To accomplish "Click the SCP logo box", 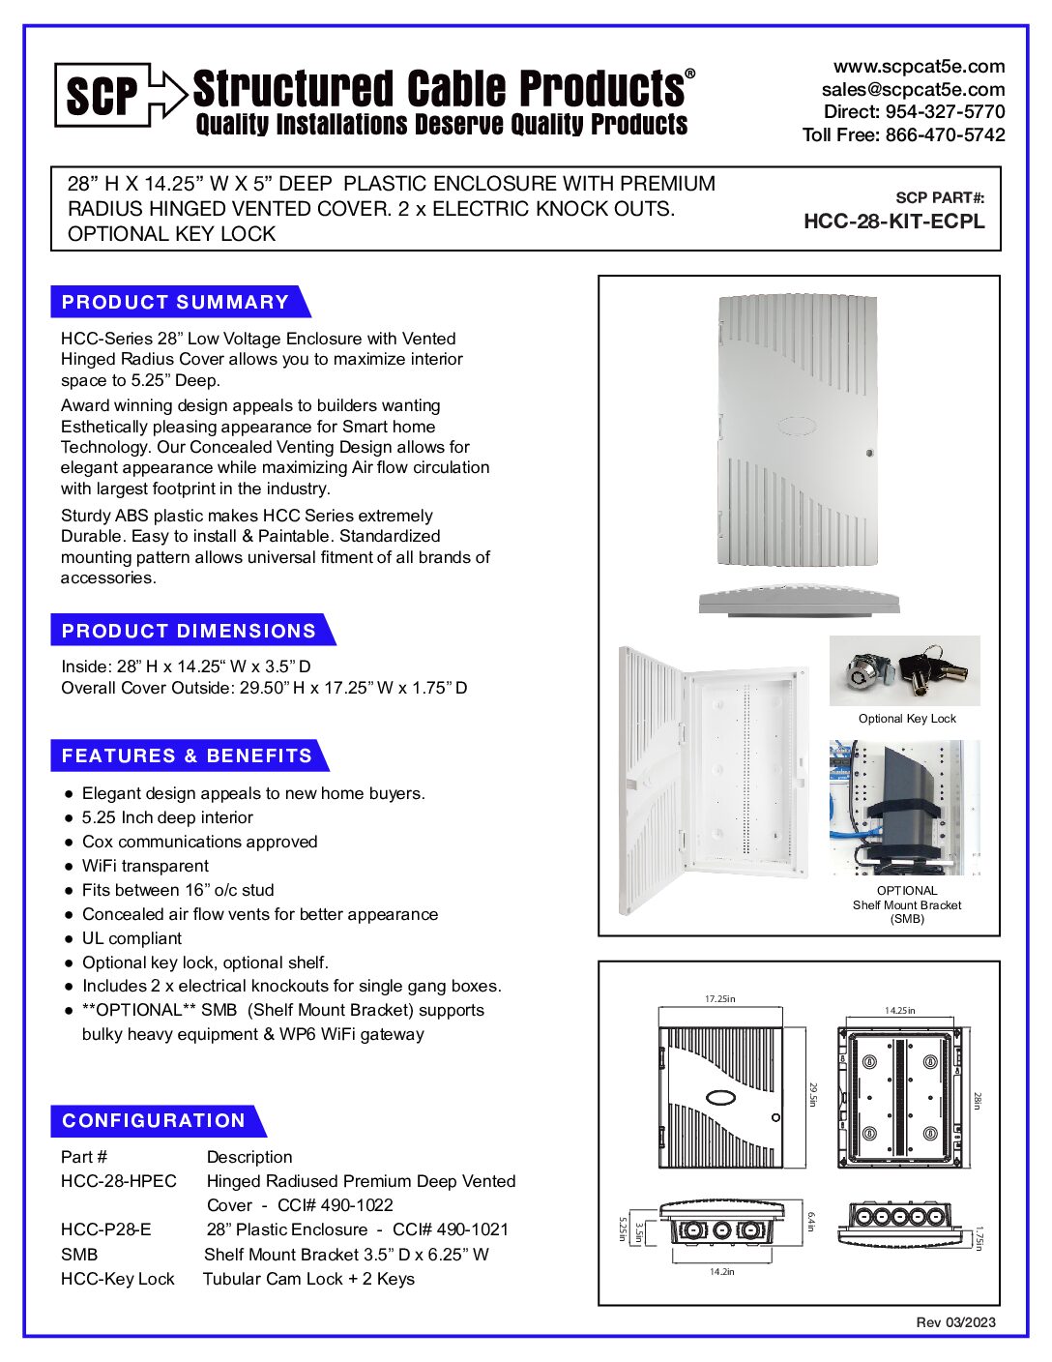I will click(102, 95).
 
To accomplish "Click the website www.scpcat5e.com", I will click(919, 67).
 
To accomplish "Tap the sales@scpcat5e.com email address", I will click(913, 89).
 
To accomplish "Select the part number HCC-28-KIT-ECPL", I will click(893, 221).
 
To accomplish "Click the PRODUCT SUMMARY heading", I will click(175, 302).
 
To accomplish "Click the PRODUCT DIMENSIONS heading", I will click(189, 631).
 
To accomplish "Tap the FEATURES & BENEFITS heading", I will click(187, 755).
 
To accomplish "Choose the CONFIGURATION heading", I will click(154, 1120).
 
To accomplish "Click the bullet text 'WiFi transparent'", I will click(145, 866).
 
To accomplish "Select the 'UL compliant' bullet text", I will click(131, 938).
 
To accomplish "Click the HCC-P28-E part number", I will click(105, 1229).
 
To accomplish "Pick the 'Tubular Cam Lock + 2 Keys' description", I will click(308, 1279).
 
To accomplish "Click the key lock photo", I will click(904, 670).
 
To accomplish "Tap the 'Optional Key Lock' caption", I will click(907, 719).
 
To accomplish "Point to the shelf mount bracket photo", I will click(904, 808).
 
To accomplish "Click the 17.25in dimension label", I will click(719, 998).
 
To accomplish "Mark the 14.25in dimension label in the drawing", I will click(899, 1010).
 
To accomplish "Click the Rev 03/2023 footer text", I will click(955, 1322).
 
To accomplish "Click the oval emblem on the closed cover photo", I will click(796, 426).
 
